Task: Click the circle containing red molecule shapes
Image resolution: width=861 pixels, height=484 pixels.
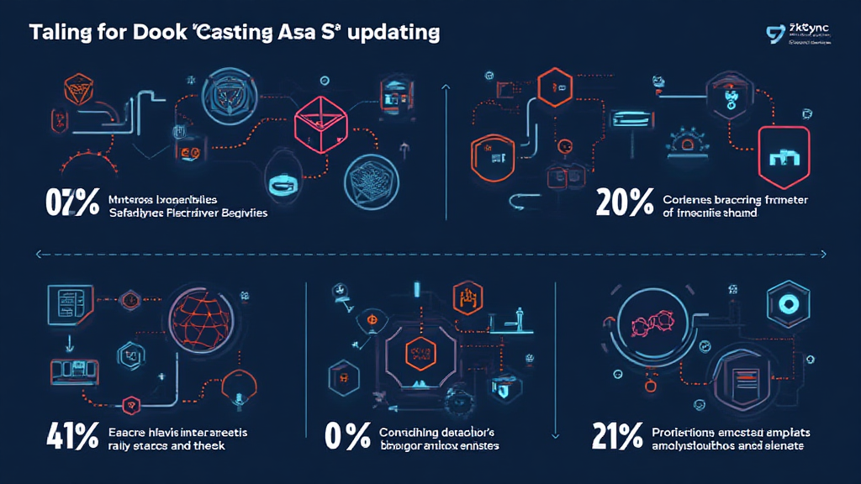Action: point(648,320)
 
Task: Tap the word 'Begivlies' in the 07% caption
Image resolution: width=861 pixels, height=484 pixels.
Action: point(240,213)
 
